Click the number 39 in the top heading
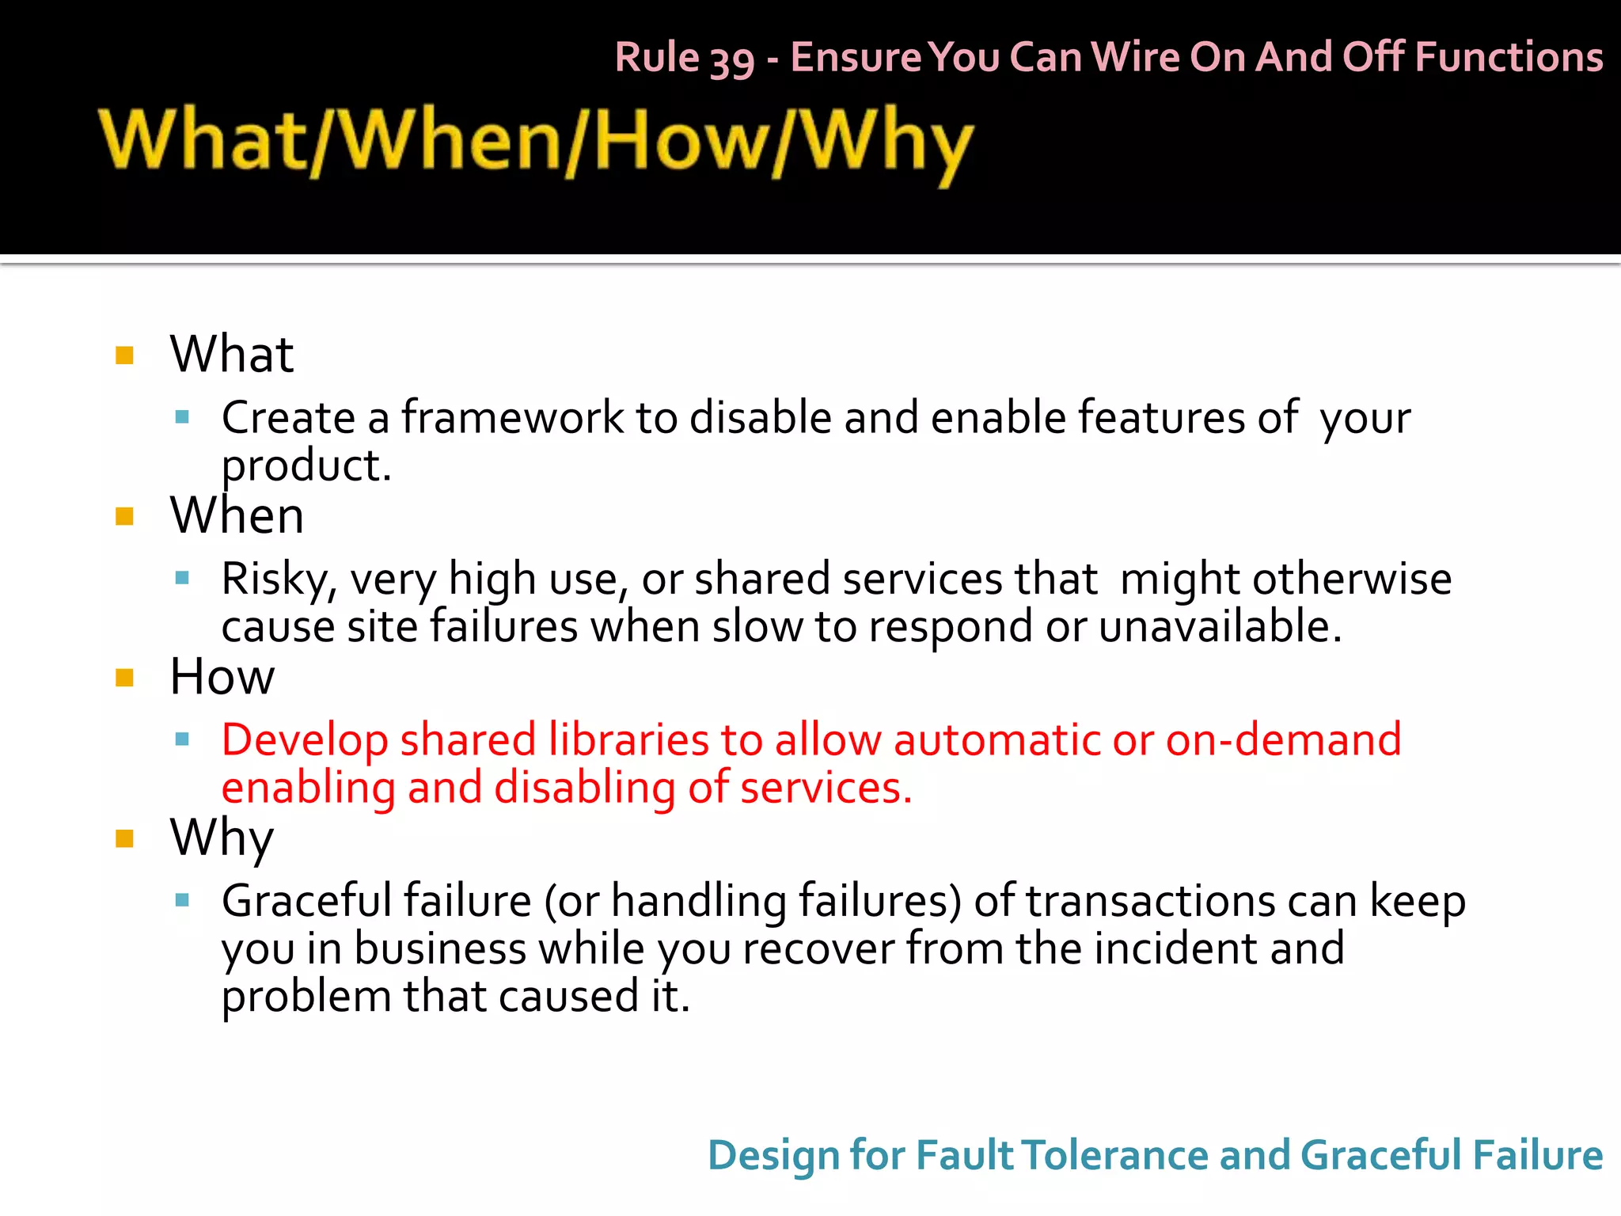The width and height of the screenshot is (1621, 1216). (x=731, y=59)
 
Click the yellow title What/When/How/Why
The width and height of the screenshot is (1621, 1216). (x=536, y=142)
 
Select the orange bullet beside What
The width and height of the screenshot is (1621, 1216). (x=124, y=355)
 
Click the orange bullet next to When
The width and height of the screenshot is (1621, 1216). (x=124, y=517)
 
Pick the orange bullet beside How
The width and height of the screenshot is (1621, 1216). (x=124, y=678)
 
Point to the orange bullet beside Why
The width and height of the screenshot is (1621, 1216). (x=124, y=838)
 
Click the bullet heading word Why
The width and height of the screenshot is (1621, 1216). (x=222, y=838)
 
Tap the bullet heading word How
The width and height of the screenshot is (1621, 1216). (x=222, y=678)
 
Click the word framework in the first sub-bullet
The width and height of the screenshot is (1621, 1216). (x=512, y=418)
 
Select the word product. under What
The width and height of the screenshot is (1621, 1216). (x=306, y=465)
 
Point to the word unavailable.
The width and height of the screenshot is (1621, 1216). (x=1220, y=627)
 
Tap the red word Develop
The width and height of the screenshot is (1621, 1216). (x=305, y=741)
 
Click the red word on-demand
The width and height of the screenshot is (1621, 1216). (x=1283, y=740)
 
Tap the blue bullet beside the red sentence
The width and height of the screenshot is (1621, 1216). (x=182, y=740)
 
